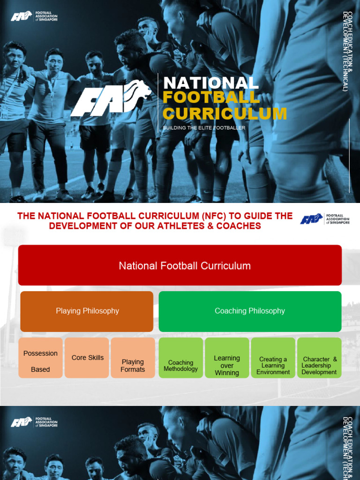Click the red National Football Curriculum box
coord(180,265)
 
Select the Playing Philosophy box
coord(87,311)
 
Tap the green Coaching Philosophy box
coord(250,311)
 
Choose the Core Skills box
coord(87,358)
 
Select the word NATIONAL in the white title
coord(210,83)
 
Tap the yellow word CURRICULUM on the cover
coord(225,113)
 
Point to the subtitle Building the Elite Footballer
coord(204,127)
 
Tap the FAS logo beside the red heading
coord(325,219)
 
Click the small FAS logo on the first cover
coord(34,17)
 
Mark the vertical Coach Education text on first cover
coord(348,52)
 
